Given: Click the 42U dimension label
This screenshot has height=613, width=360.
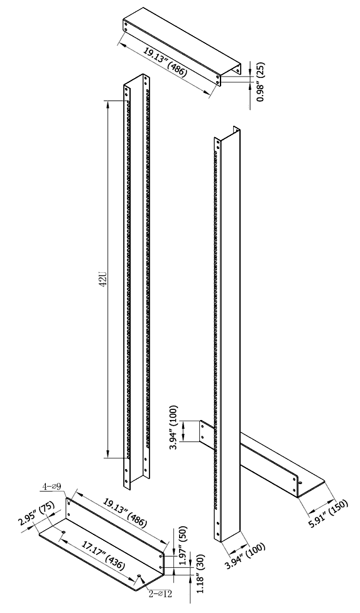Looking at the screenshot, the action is (104, 279).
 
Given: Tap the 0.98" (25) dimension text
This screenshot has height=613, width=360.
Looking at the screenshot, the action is (261, 82).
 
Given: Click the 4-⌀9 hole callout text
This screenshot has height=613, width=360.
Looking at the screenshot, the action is (52, 487).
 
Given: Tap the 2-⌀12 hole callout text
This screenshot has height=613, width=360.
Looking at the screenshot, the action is (160, 594).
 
